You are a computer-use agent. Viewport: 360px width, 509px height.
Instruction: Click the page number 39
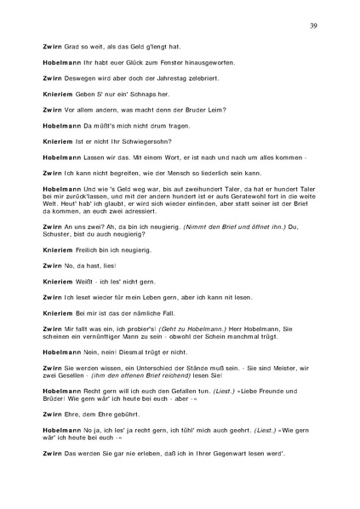click(x=314, y=26)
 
